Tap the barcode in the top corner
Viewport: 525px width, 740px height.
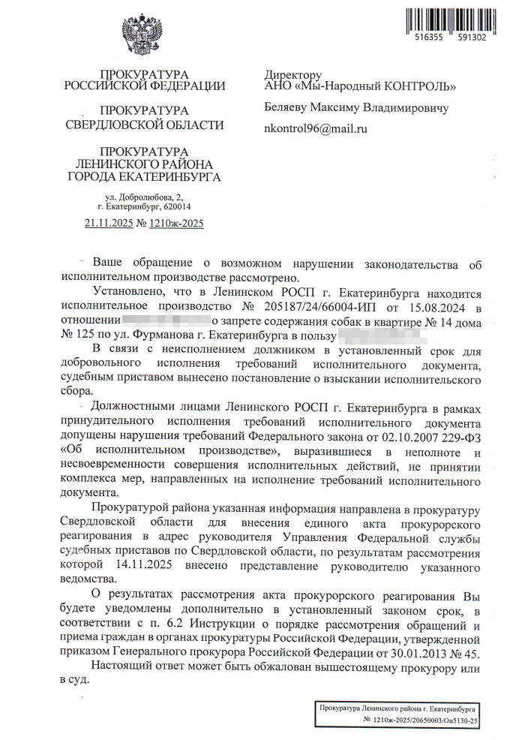(450, 20)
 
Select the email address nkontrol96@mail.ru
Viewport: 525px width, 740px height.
(315, 129)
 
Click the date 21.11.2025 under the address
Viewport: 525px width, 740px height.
(108, 223)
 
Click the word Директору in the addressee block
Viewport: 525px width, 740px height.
(292, 75)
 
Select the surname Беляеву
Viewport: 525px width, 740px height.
(288, 108)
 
